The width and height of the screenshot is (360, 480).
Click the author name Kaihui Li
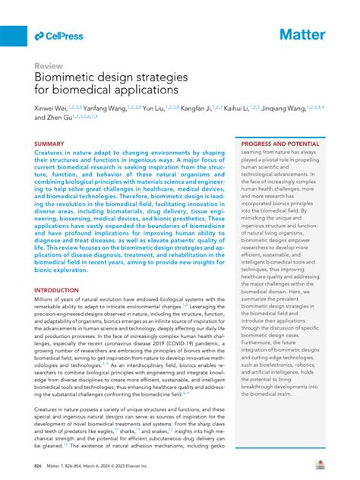tap(242, 110)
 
